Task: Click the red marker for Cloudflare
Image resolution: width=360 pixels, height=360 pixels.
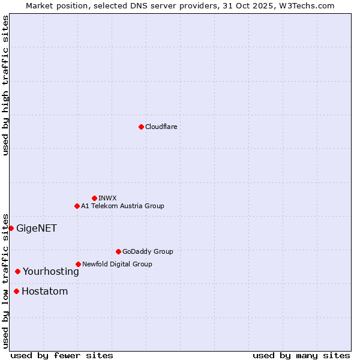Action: [141, 127]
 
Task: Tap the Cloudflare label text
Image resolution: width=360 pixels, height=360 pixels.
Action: [161, 127]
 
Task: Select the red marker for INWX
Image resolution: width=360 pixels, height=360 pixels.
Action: [94, 198]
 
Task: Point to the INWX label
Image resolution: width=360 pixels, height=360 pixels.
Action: [108, 199]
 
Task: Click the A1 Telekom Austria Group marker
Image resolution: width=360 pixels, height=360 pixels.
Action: [77, 206]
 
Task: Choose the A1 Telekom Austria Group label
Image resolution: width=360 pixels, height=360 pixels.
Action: [122, 206]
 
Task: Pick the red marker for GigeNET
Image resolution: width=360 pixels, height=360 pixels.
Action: [11, 228]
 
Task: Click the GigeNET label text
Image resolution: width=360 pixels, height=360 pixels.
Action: [37, 229]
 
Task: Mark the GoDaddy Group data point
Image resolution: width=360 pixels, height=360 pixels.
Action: [118, 251]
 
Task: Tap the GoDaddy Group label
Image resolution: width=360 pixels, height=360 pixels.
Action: [148, 252]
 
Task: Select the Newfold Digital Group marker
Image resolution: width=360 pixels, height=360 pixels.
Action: [78, 264]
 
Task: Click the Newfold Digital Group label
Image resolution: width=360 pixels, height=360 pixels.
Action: [117, 265]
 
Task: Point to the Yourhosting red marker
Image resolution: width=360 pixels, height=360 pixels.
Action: [17, 271]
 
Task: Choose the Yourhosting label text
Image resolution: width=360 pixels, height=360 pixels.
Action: [51, 272]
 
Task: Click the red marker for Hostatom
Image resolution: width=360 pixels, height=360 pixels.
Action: [16, 292]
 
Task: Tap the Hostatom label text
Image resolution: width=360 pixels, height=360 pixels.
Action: [45, 292]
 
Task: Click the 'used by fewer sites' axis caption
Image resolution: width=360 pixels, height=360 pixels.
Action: [62, 355]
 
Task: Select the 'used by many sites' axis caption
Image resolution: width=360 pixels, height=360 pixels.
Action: [301, 355]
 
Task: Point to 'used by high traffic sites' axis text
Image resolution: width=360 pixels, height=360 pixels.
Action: [5, 85]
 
